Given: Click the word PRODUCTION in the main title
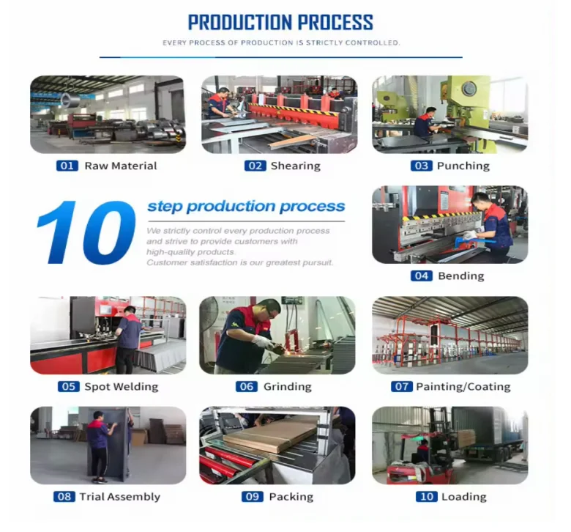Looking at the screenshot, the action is [241, 23].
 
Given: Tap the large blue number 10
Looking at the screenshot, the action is [86, 232].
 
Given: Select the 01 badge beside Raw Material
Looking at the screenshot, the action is [67, 166].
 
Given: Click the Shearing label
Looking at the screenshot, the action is [295, 166].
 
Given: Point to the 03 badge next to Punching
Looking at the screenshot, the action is [422, 166].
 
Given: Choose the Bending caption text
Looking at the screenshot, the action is [461, 276].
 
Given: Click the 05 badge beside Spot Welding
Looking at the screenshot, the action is [69, 386].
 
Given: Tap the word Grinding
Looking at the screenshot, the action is [287, 386].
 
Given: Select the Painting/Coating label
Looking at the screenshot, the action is [463, 386].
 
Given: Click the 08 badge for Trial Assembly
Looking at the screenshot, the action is [64, 497].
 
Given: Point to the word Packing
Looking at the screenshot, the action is [291, 497].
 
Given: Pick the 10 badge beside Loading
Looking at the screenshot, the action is [427, 497].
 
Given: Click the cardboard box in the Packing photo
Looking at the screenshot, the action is [270, 433].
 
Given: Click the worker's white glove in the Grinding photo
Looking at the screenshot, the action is [263, 342].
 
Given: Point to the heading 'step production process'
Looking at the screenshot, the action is [246, 207].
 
